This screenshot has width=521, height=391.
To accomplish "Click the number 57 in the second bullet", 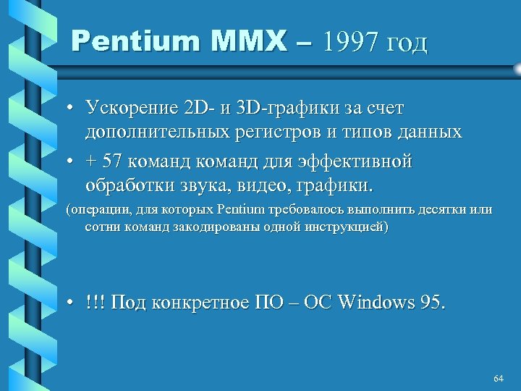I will click(114, 161).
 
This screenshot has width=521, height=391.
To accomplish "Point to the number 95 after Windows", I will click(432, 301).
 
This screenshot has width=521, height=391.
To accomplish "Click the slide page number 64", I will click(498, 379).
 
